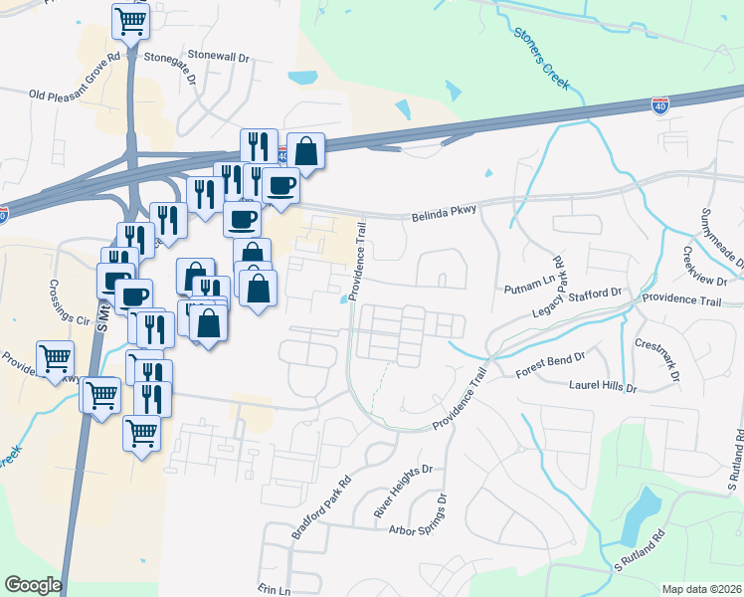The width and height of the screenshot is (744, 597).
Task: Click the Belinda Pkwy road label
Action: (444, 215)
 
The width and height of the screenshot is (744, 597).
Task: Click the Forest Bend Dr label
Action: (549, 361)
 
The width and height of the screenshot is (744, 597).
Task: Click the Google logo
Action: (33, 585)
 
